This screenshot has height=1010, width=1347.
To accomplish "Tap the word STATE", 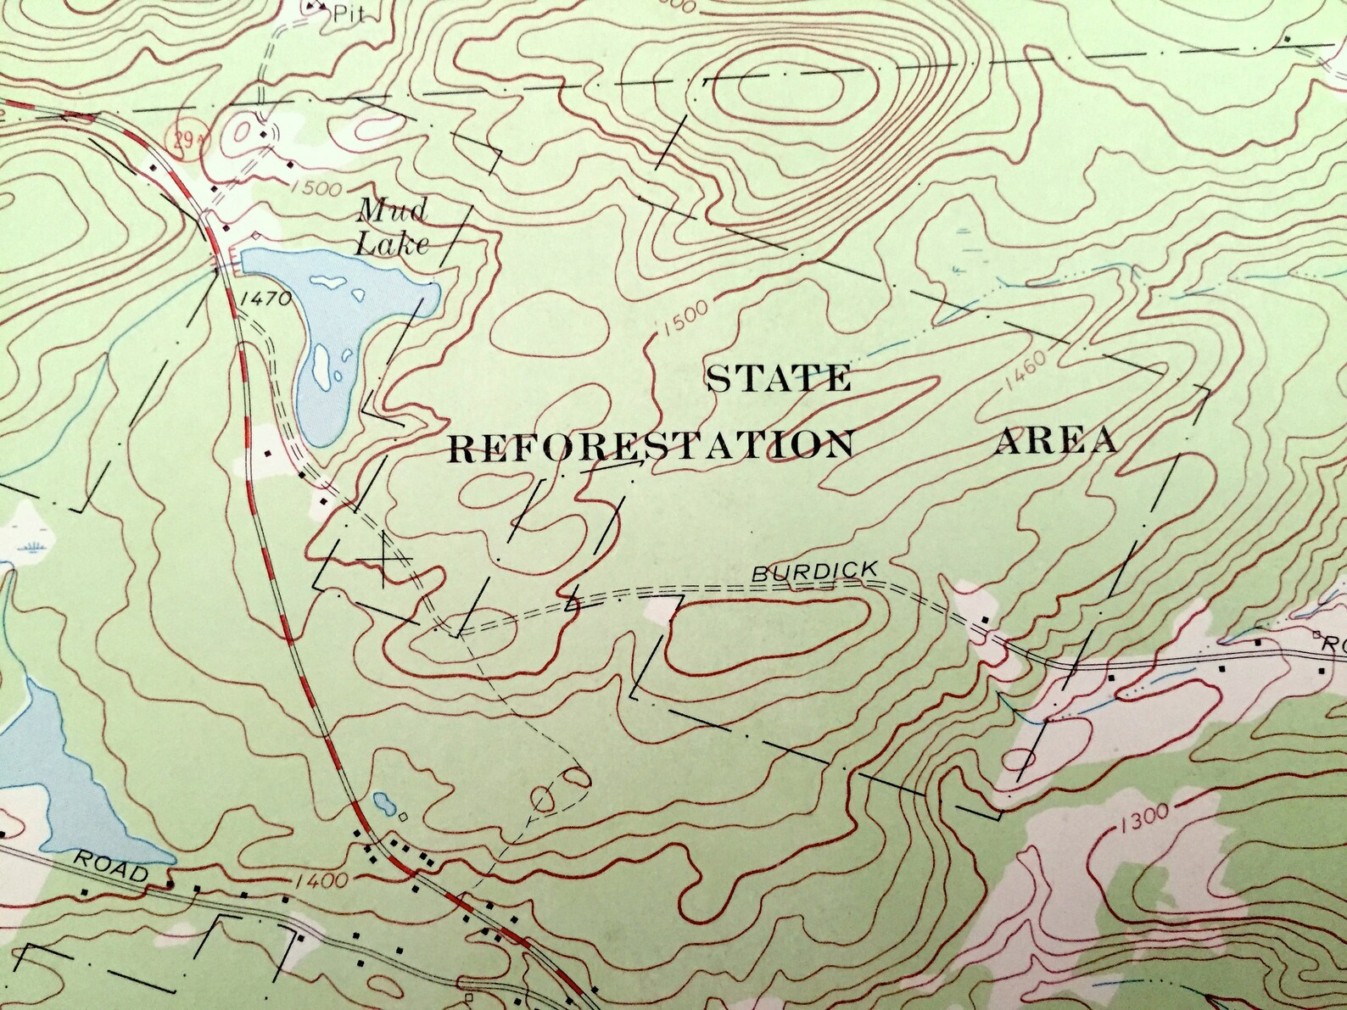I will (x=779, y=378).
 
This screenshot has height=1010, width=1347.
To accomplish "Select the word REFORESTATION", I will (x=650, y=445).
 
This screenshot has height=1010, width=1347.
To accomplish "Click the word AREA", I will (x=1055, y=441).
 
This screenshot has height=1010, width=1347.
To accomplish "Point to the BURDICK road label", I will (x=814, y=572).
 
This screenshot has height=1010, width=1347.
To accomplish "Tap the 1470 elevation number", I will (x=265, y=299).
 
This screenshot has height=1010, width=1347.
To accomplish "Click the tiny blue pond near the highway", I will (x=383, y=802).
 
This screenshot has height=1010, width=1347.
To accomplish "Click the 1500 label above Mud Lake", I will (x=316, y=187).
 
